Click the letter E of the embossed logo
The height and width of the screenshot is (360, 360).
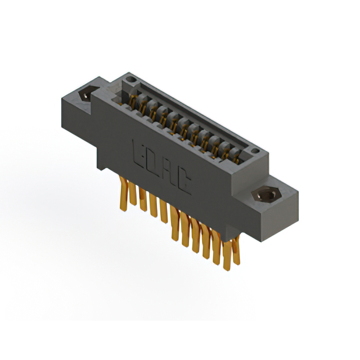pyautogui.click(x=139, y=151)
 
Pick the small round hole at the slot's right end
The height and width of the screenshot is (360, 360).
pyautogui.click(x=254, y=151)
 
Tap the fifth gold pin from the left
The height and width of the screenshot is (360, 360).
pyautogui.click(x=164, y=213)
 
